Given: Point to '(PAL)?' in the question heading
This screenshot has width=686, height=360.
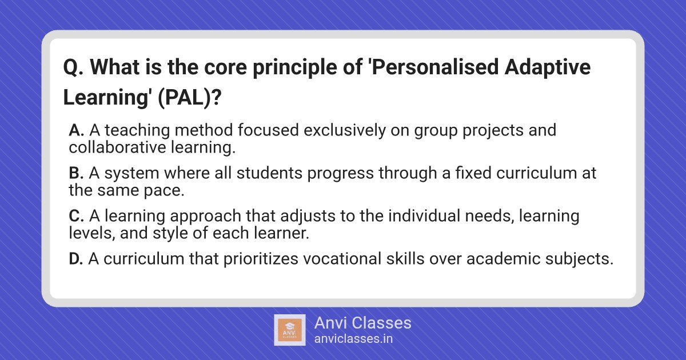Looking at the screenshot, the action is pyautogui.click(x=189, y=97).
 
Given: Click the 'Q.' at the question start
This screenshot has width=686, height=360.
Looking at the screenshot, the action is pyautogui.click(x=73, y=67).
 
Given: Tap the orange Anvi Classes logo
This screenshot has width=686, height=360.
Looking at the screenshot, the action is pyautogui.click(x=290, y=330).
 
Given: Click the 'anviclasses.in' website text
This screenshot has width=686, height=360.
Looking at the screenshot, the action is pyautogui.click(x=353, y=339).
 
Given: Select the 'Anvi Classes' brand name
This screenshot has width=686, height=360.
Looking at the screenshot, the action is pyautogui.click(x=363, y=323).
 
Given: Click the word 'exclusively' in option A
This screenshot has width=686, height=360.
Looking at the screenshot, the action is pyautogui.click(x=345, y=131).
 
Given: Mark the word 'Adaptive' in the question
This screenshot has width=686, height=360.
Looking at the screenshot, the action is pyautogui.click(x=548, y=67).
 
